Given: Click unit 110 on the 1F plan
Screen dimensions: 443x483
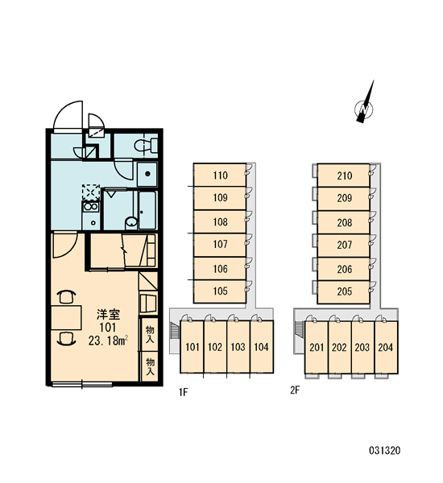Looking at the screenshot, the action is [x=220, y=175].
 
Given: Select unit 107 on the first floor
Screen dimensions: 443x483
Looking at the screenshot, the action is [x=220, y=245].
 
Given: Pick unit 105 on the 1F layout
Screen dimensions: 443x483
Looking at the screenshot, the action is [x=220, y=291].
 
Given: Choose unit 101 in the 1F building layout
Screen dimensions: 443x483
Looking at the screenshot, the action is [x=192, y=347].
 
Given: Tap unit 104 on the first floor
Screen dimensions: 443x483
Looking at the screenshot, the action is [x=262, y=347].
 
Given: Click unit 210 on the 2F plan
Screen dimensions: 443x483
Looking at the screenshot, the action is [x=344, y=175].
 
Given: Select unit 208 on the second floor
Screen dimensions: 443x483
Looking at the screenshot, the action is [x=344, y=222].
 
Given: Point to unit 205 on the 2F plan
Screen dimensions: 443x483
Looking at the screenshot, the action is [x=344, y=291].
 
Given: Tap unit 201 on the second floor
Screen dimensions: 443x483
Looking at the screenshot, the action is [x=317, y=348].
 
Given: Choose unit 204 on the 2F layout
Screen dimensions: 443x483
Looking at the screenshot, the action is [x=386, y=348].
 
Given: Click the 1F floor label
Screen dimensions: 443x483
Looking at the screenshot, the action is [x=183, y=392].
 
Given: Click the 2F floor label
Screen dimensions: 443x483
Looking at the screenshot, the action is [x=295, y=390].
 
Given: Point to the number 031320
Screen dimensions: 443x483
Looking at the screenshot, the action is [x=385, y=451].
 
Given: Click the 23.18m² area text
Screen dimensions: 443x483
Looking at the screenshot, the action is [x=108, y=341].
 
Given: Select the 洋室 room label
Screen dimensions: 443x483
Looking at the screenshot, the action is [x=108, y=315].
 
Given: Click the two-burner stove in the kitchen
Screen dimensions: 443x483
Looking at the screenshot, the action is [x=91, y=207].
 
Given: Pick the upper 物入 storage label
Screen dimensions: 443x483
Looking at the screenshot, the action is [x=150, y=334].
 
